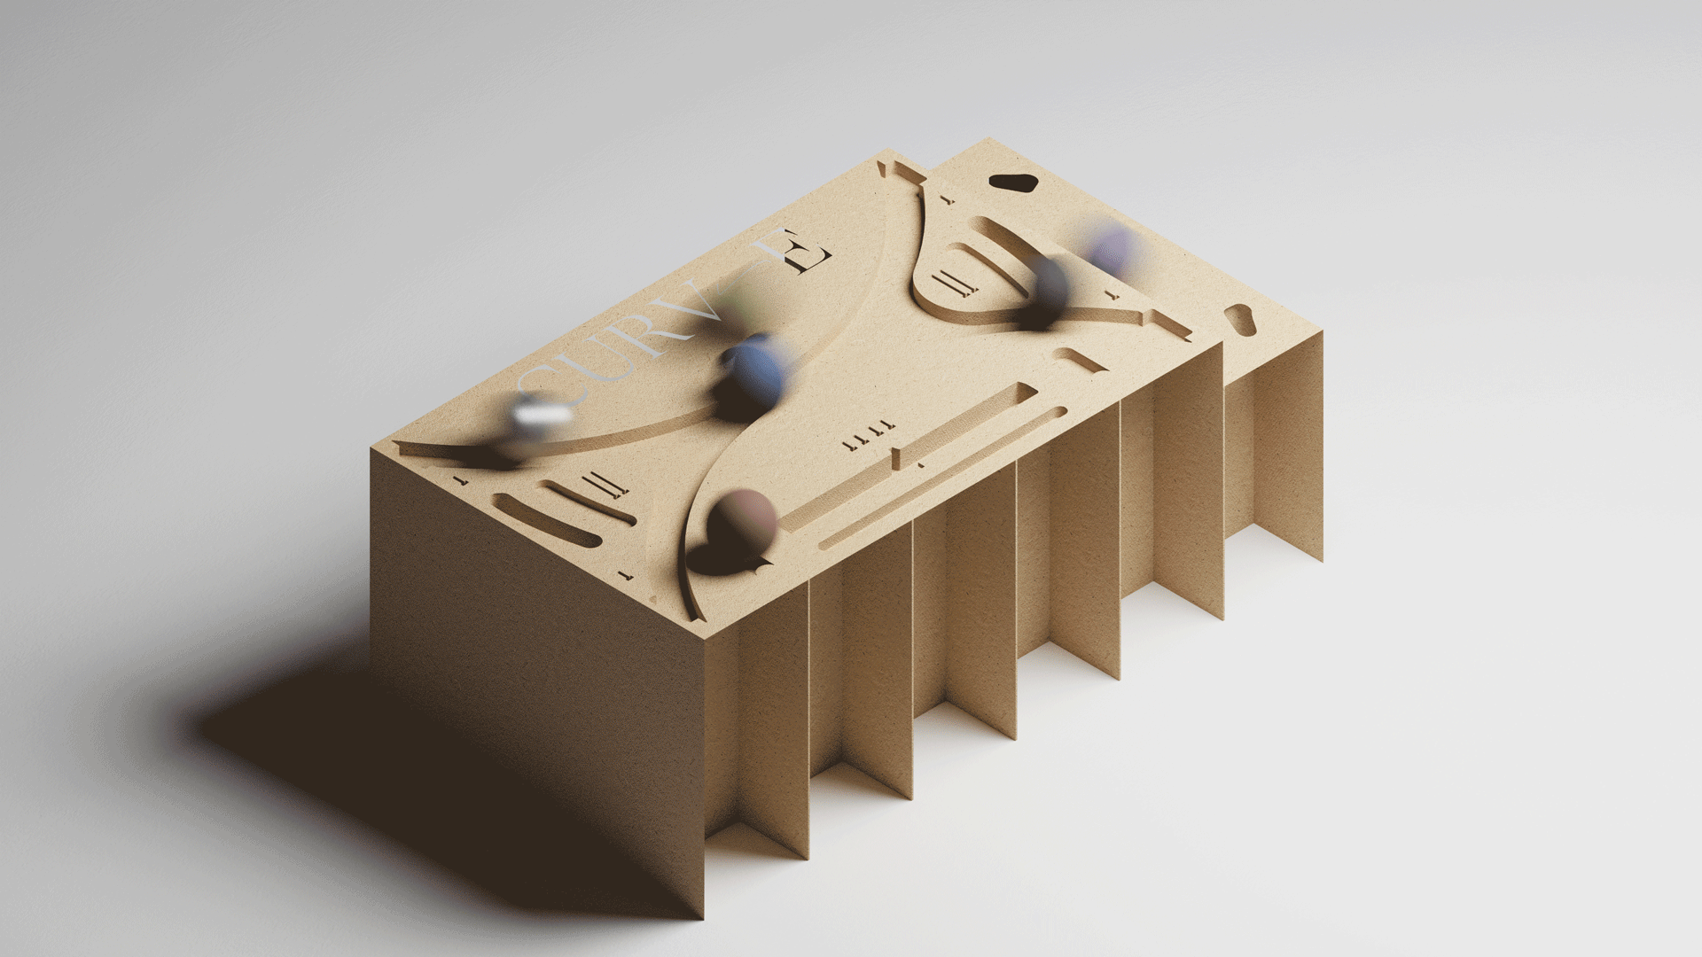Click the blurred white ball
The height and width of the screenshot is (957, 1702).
click(x=543, y=416)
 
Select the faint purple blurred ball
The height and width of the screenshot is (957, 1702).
click(x=1112, y=248)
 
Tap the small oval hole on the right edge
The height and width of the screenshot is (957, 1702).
click(x=1239, y=320)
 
